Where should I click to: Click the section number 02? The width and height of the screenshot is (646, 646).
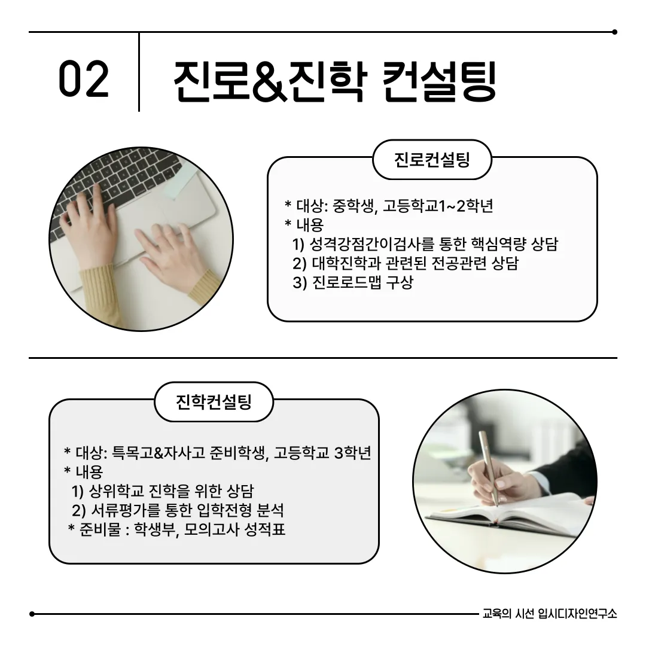(x=84, y=79)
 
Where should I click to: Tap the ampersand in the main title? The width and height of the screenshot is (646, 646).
(x=269, y=81)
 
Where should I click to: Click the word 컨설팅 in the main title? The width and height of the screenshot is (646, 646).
(x=439, y=81)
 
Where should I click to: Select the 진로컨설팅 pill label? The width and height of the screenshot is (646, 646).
(x=432, y=160)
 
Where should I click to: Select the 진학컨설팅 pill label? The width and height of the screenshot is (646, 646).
(x=214, y=402)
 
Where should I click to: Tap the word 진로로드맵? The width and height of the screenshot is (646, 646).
(x=347, y=282)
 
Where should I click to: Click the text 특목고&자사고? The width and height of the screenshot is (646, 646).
(x=159, y=452)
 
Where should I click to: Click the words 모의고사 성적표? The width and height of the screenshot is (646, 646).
(x=234, y=529)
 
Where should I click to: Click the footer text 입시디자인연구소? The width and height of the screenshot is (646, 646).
(x=578, y=614)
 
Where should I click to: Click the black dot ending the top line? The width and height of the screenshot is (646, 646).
(x=615, y=32)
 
